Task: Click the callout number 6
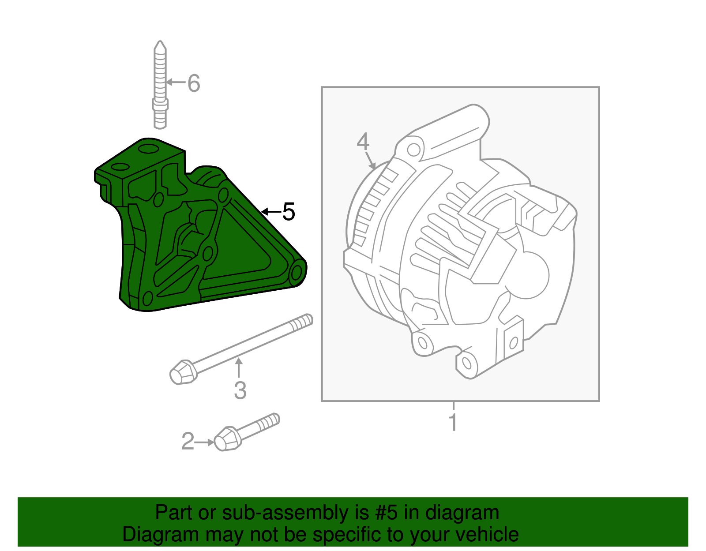pyautogui.click(x=194, y=83)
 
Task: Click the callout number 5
pyautogui.click(x=288, y=212)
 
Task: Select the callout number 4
pyautogui.click(x=363, y=142)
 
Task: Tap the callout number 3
pyautogui.click(x=240, y=390)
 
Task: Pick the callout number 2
pyautogui.click(x=188, y=442)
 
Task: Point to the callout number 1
pyautogui.click(x=453, y=422)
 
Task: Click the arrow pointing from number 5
pyautogui.click(x=270, y=212)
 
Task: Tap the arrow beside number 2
pyautogui.click(x=205, y=442)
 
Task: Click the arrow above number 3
pyautogui.click(x=239, y=367)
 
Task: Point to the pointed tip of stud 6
pyautogui.click(x=160, y=45)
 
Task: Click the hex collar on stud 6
pyautogui.click(x=160, y=105)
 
